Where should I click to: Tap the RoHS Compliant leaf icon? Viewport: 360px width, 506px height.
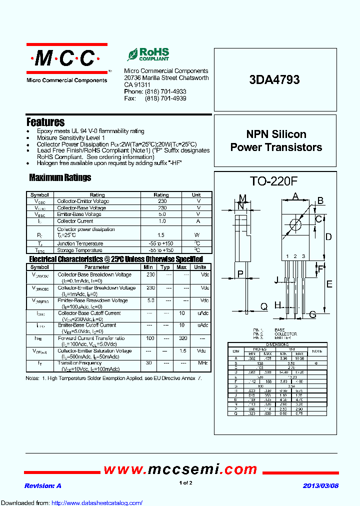pos(132,54)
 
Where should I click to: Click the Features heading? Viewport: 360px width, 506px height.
pos(45,122)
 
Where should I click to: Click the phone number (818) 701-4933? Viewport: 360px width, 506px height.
pos(165,92)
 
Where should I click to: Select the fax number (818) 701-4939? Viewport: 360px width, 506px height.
pos(165,98)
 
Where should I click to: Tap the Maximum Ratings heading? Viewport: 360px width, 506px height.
pos(60,177)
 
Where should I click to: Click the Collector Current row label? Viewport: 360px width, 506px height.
pos(75,220)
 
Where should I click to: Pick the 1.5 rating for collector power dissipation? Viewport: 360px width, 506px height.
pos(161,234)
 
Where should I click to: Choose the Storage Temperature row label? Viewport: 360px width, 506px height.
pos(79,250)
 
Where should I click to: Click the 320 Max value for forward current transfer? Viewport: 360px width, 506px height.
pos(181,338)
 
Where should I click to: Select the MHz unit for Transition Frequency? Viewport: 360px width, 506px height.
pos(202,362)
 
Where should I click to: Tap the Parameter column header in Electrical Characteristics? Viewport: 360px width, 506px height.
pos(97,267)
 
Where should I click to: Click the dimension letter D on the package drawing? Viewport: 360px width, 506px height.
pos(328,236)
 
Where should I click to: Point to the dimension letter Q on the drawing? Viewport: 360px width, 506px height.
pos(264,306)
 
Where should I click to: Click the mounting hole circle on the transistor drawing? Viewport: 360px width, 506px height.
pos(295,223)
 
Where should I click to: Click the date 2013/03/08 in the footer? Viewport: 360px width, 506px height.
pos(320,486)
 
